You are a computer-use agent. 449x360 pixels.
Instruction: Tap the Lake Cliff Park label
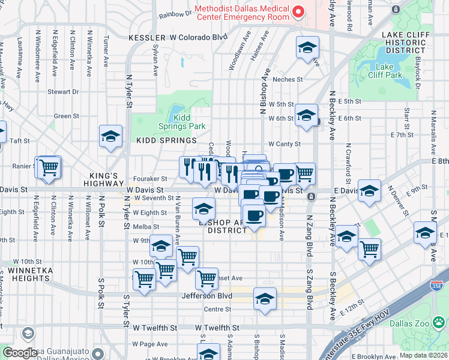point(388,71)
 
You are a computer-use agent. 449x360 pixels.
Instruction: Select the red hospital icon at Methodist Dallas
point(296,12)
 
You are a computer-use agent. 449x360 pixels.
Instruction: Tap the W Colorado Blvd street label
point(199,37)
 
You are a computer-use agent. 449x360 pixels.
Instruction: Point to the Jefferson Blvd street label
point(208,296)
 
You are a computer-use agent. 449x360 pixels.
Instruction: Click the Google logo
point(20,353)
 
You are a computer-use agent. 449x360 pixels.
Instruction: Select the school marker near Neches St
point(307,49)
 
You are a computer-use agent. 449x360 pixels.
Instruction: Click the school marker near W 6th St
point(306,115)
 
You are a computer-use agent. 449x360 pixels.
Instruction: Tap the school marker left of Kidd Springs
point(110,137)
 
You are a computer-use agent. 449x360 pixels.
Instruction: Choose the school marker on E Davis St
point(369,191)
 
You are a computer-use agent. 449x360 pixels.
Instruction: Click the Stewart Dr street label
point(64,92)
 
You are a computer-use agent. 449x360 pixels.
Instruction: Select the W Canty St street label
point(284,144)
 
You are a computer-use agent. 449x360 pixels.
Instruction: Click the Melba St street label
point(146,227)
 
